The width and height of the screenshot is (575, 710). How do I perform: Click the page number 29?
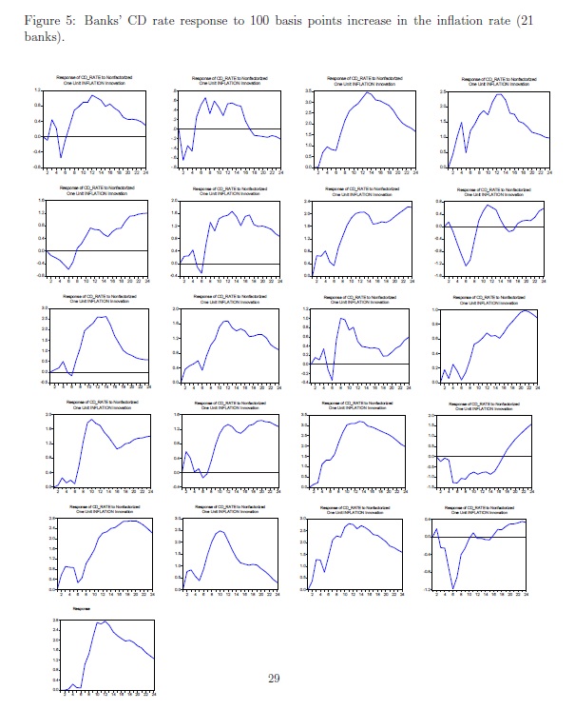click(273, 678)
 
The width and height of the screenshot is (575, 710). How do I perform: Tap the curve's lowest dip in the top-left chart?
click(62, 157)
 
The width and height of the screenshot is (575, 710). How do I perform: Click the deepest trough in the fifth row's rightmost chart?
click(453, 586)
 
